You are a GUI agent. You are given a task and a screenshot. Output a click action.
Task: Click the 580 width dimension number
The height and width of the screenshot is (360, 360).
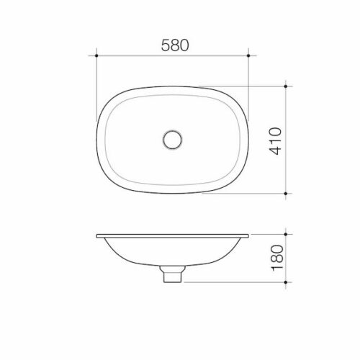point(173,45)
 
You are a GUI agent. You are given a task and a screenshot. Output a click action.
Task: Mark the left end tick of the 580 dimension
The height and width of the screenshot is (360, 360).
point(97,53)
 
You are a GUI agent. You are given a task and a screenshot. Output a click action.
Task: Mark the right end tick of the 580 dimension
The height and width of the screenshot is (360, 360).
point(248,53)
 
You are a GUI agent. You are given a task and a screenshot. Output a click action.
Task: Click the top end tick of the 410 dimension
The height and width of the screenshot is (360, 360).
point(287,85)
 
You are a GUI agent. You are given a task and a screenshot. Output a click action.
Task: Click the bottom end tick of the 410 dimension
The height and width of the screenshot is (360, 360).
point(287,194)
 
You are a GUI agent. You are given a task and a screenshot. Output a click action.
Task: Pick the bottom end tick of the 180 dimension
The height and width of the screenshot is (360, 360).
point(287,279)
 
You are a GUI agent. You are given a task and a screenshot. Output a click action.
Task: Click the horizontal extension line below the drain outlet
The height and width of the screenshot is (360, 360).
point(230,279)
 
